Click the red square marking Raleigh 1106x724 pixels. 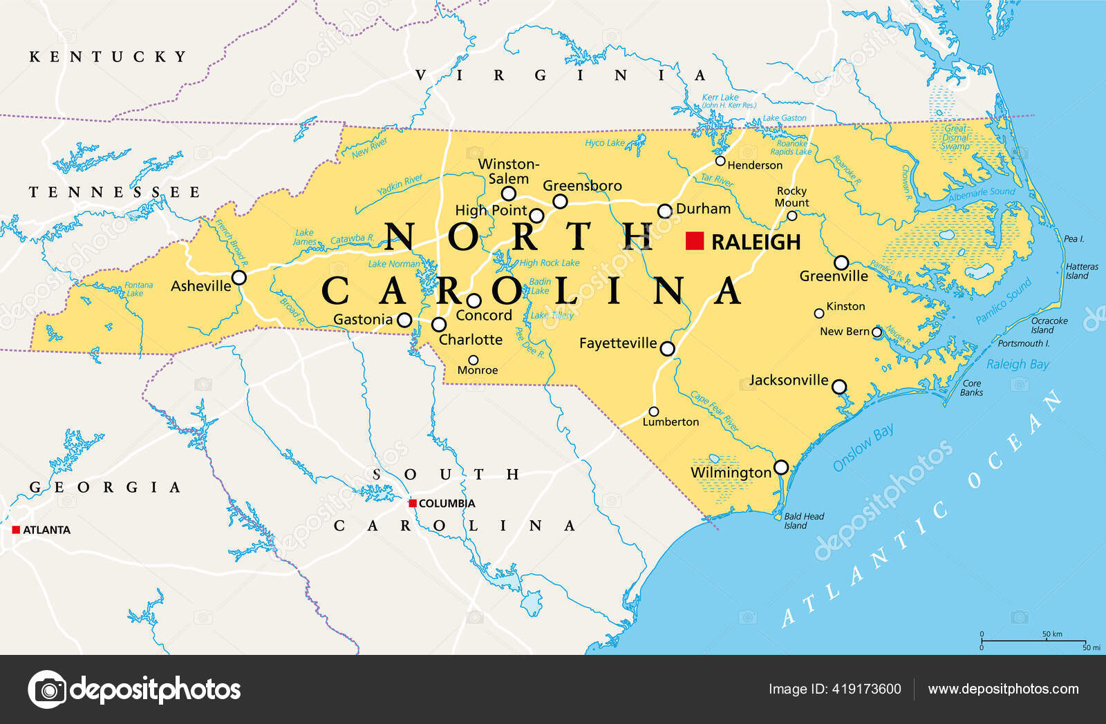pos(695,240)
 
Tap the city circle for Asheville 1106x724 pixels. pos(239,278)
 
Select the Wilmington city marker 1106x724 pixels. pos(781,468)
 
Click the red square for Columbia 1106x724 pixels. pos(413,503)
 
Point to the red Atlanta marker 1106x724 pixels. pos(16,530)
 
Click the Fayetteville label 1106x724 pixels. pos(618,343)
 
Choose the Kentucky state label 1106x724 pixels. pos(108,57)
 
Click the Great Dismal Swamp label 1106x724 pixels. pos(955,137)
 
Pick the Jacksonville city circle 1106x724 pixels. pos(839,387)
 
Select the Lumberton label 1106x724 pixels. pos(671,422)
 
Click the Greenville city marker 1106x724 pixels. pos(841,263)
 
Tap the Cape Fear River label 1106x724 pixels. pos(715,411)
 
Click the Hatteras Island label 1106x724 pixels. pos(1082,271)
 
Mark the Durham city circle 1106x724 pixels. pos(664,211)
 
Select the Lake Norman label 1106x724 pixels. pos(394,264)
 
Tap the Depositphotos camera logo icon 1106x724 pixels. pos(47,689)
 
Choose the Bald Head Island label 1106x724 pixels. pos(803,521)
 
